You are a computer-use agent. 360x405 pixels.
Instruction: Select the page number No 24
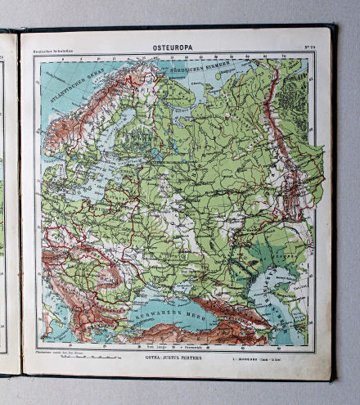coord(310,52)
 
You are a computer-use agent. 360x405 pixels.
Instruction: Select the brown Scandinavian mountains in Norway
coord(78,123)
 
